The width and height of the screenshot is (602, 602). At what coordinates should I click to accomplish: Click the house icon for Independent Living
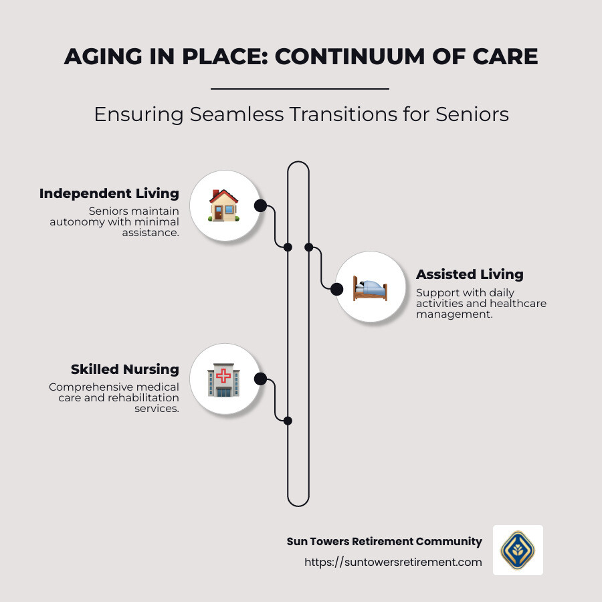click(x=224, y=205)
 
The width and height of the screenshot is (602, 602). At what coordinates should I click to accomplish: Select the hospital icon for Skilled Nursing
click(x=223, y=379)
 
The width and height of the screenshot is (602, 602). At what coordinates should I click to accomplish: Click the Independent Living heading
click(x=109, y=193)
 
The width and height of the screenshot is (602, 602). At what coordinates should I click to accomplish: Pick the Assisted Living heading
click(x=470, y=274)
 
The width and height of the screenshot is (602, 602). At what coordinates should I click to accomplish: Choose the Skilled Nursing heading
click(x=125, y=369)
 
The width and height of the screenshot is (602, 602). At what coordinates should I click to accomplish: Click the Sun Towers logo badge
click(x=518, y=550)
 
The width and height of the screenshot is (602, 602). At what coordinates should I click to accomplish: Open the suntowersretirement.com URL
click(x=393, y=562)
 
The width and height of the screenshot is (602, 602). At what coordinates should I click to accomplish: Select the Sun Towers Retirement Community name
click(x=384, y=541)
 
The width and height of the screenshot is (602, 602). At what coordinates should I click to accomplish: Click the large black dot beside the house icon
click(x=260, y=205)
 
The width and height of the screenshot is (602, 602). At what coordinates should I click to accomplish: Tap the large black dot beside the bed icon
click(x=337, y=289)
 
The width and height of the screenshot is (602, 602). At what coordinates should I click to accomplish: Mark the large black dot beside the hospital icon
click(x=260, y=379)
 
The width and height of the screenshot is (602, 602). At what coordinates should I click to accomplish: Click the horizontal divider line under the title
click(x=300, y=88)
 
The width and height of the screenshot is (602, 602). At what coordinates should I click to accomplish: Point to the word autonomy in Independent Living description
click(x=74, y=221)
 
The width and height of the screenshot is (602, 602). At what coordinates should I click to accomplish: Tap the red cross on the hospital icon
click(x=223, y=376)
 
